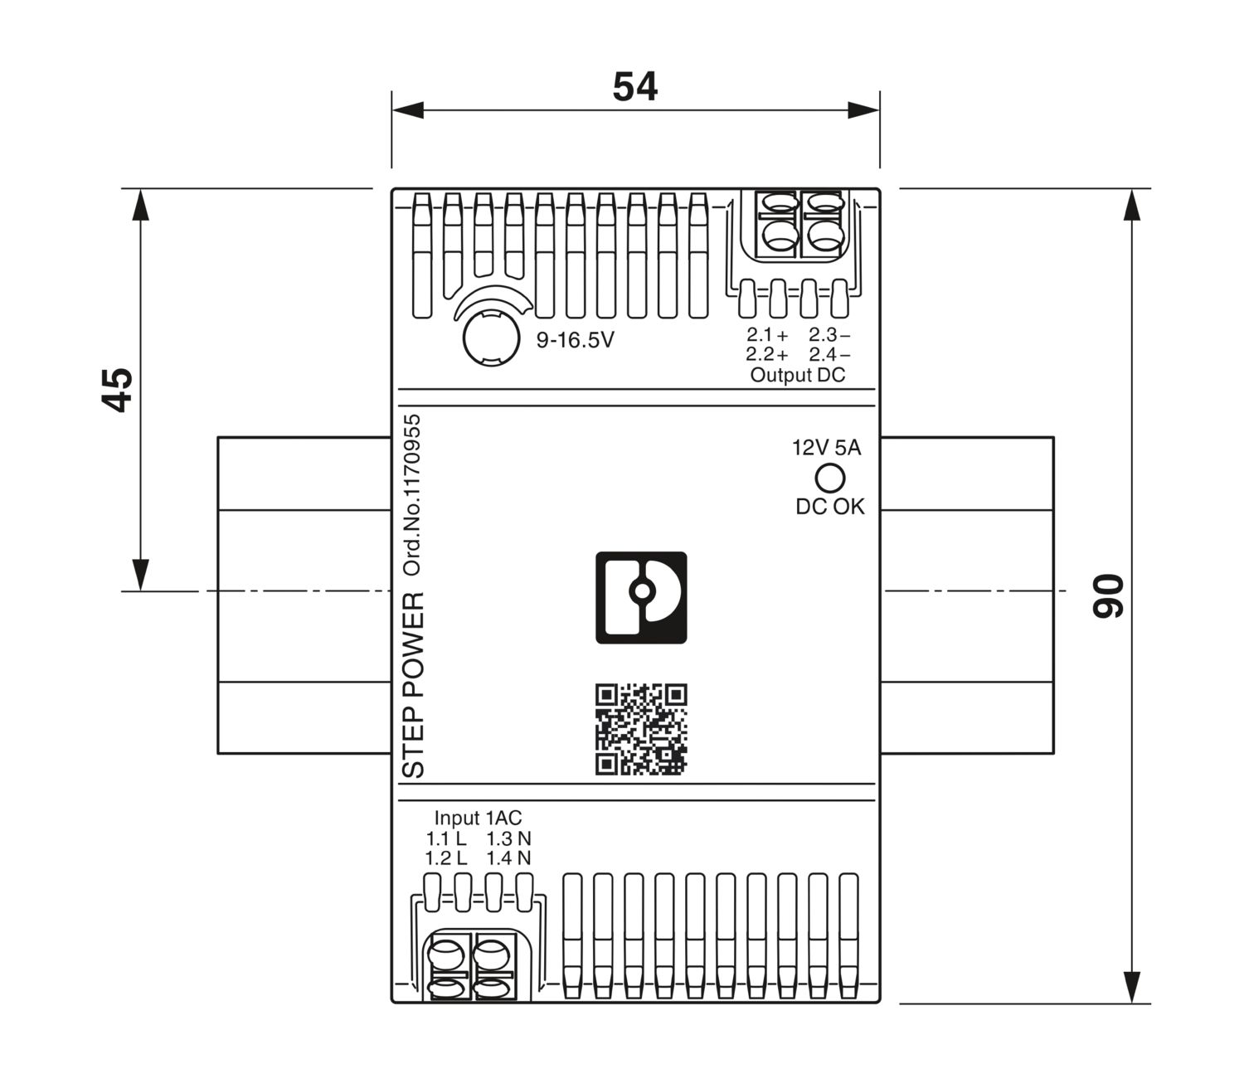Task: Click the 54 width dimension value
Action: tap(635, 87)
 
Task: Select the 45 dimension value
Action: tap(119, 389)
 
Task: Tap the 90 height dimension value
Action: tap(1108, 595)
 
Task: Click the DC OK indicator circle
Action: tap(830, 478)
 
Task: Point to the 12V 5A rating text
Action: tap(827, 449)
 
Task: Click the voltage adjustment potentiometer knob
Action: tap(489, 337)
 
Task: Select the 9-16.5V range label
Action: tap(575, 340)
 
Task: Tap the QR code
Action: tap(641, 730)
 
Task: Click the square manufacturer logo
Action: tap(641, 597)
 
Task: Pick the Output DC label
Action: tap(797, 375)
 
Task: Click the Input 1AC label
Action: tap(479, 819)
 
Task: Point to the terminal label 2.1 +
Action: tap(766, 335)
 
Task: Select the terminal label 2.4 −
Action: tap(829, 355)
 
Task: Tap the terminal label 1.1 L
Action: tap(446, 838)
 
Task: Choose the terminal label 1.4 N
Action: tap(508, 858)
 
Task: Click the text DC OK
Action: tap(829, 507)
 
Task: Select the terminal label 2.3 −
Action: tap(829, 335)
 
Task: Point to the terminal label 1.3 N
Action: tap(508, 838)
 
